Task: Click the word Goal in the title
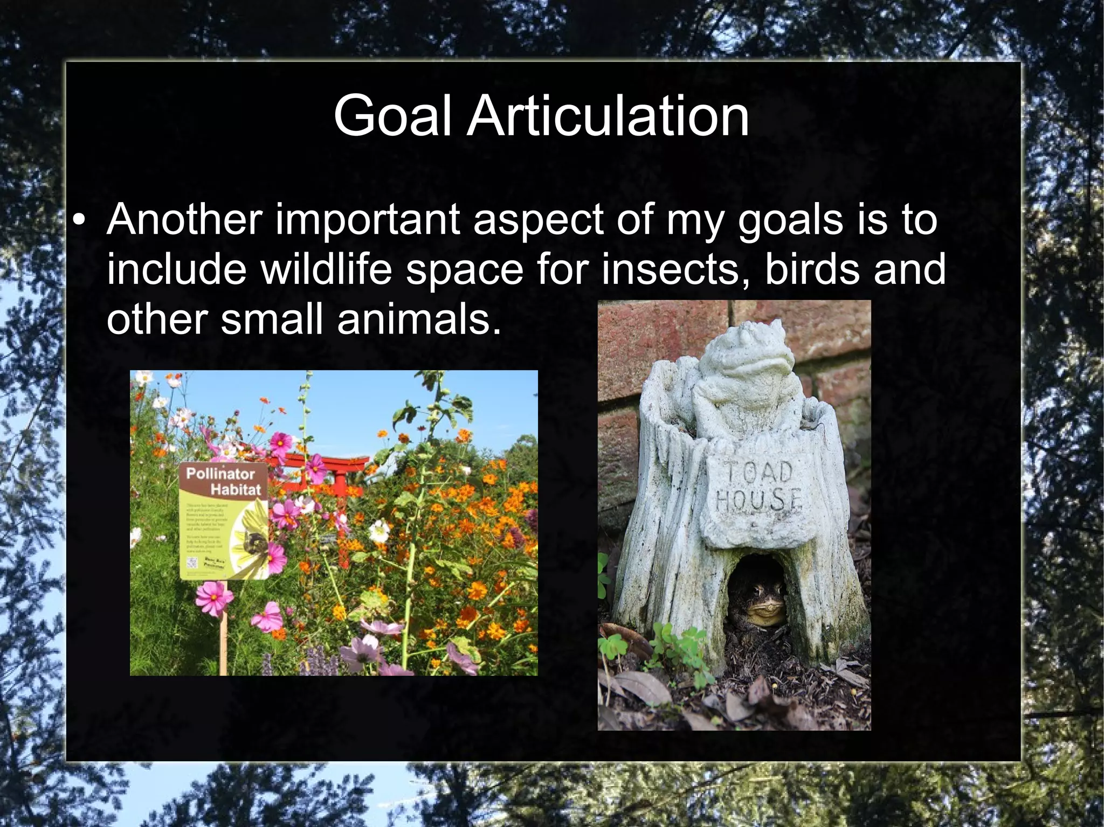392,115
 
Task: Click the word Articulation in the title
608,115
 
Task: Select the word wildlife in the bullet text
326,269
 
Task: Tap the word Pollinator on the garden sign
220,474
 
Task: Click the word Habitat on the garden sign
235,490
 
